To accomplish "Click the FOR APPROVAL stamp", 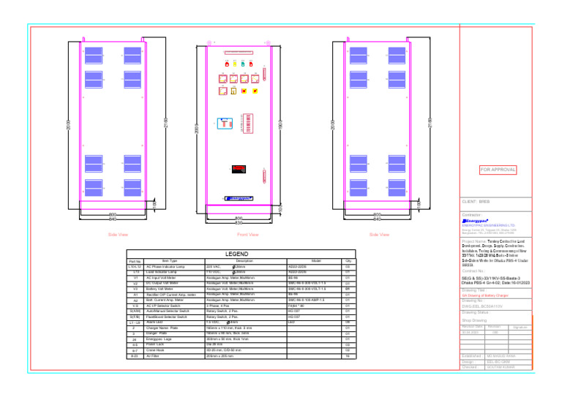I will [498, 170].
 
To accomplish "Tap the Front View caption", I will [248, 235].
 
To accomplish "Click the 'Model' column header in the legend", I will [315, 261].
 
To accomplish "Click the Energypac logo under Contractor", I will [479, 219].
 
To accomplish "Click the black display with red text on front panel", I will [239, 169].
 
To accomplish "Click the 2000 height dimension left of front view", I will [197, 128].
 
